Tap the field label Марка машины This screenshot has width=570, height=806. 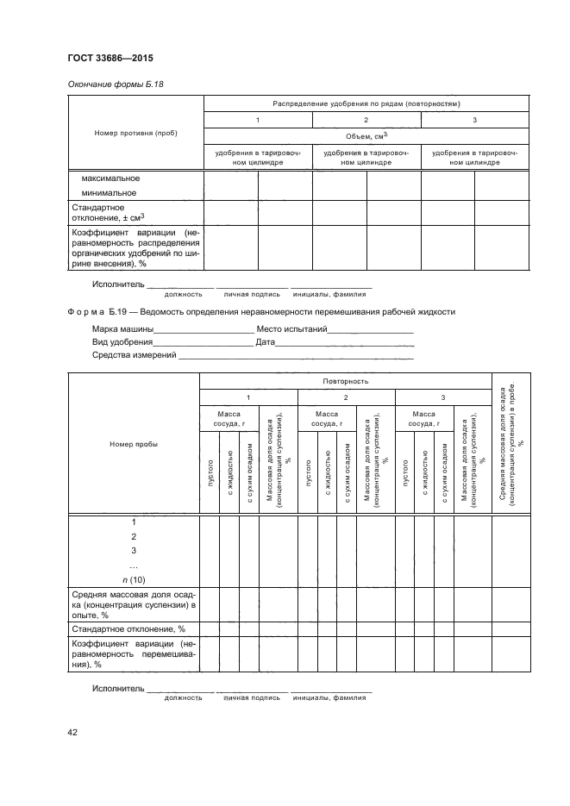(x=122, y=329)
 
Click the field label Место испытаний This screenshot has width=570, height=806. (x=293, y=329)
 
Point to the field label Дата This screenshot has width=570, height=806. (x=265, y=342)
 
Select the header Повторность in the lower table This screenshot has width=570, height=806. (x=346, y=379)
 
